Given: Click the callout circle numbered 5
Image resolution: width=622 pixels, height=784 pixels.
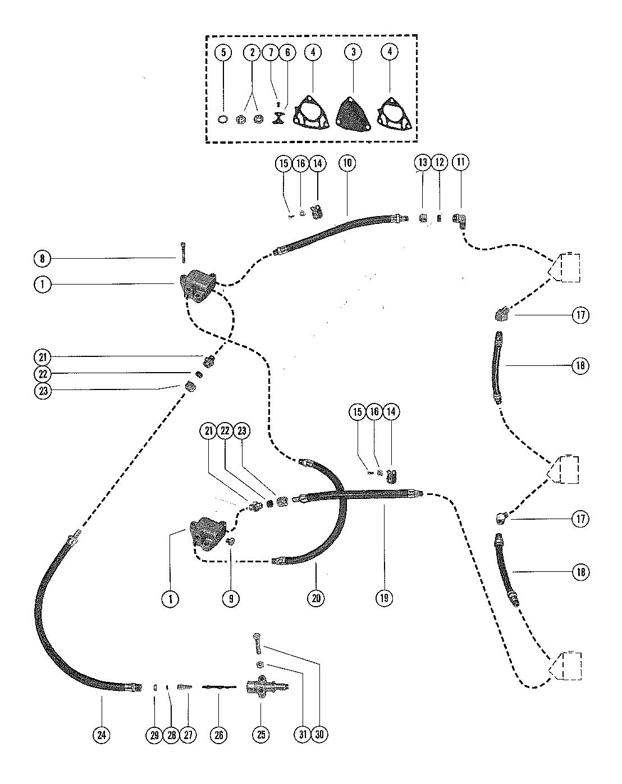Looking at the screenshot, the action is point(223,52).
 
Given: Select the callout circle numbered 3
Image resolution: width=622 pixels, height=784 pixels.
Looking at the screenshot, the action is point(353,52).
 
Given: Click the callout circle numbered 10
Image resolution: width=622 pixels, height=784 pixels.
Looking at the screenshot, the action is point(347,163).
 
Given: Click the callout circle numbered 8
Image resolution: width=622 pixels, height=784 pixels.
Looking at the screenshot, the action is point(43,259).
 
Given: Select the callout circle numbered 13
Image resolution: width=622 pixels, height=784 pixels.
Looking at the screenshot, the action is point(423,162).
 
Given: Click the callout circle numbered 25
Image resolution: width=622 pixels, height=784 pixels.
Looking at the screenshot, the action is point(261,735).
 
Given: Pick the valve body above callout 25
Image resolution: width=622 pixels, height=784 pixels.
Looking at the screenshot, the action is point(266,686).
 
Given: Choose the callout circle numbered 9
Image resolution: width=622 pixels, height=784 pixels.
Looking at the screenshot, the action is point(231,598).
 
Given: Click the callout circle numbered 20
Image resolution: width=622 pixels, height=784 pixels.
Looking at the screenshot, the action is point(316,598).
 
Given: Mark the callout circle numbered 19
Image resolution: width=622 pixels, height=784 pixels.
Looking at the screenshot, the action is point(384,598).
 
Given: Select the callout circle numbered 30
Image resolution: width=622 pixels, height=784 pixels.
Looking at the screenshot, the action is point(319,735).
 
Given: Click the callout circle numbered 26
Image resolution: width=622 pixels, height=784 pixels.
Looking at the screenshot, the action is point(218,735).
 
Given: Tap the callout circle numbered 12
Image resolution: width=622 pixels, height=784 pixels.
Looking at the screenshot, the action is point(440,162).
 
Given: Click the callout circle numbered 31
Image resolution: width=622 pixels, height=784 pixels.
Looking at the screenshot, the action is point(303,735).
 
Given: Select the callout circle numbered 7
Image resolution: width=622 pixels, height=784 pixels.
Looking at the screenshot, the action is point(271,52).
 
